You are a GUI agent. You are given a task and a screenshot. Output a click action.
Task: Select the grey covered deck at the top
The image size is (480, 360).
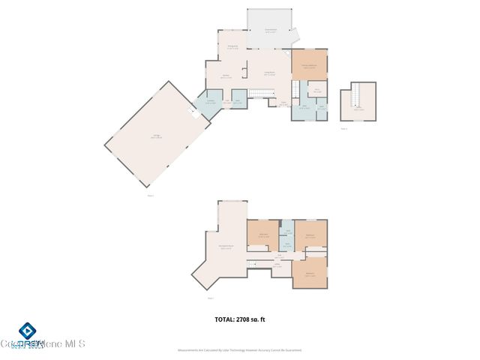[x=271, y=30]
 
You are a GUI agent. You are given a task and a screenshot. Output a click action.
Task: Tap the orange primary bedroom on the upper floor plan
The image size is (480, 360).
[x=310, y=66]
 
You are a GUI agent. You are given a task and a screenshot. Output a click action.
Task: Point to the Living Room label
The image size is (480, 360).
[x=268, y=73]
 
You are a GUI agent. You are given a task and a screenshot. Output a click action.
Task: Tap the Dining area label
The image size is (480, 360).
[x=232, y=46]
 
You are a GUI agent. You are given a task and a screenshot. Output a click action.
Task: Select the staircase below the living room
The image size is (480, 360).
[x=259, y=93]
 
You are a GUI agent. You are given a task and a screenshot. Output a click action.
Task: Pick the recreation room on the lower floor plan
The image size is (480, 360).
[x=223, y=247]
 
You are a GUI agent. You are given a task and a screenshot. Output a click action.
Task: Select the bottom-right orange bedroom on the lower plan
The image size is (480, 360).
[x=310, y=273]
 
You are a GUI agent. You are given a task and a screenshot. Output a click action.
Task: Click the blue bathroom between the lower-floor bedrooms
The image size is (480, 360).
[x=287, y=244]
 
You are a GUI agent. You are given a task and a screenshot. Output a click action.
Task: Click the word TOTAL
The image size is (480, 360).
[x=223, y=319]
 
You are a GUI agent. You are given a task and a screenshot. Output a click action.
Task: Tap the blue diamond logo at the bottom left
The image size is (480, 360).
[x=28, y=331]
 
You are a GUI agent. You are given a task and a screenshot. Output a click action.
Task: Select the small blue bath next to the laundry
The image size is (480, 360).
[x=238, y=101]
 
